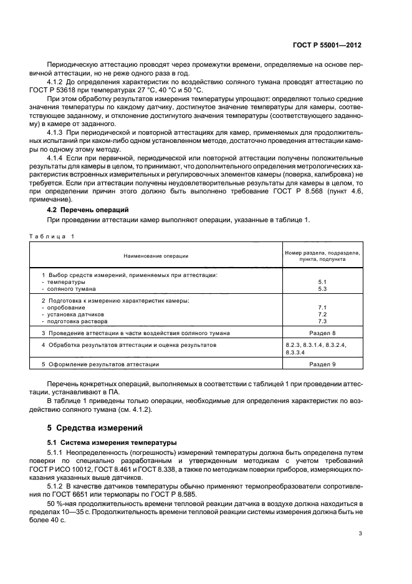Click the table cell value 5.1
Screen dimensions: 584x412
(322, 282)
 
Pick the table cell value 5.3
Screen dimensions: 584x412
(322, 289)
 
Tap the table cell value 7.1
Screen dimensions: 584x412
(322, 308)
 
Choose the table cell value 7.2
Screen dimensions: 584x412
(322, 314)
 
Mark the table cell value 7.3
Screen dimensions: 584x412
(322, 321)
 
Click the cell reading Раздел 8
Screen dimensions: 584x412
(322, 333)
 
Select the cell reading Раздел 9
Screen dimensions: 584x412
(322, 364)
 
